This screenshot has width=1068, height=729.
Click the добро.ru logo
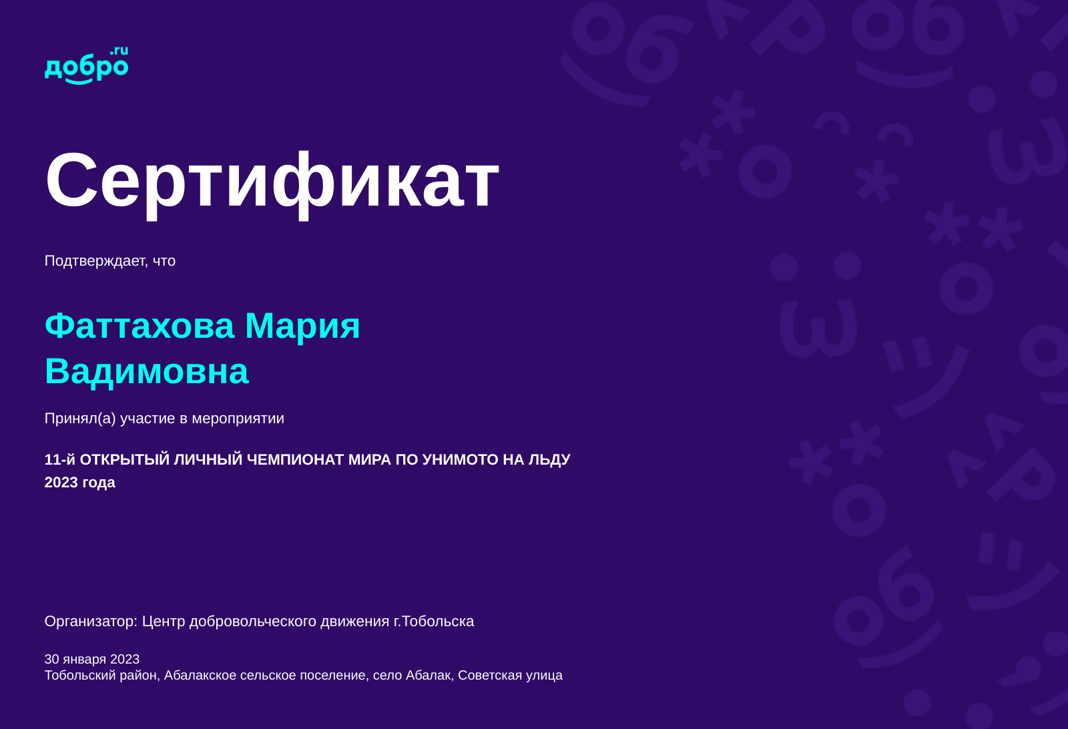[x=86, y=65]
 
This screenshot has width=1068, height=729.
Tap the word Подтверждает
[x=96, y=261]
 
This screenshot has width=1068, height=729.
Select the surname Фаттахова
[x=140, y=326]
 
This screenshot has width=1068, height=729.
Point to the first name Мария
[x=303, y=326]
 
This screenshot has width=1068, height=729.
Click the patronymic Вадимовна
[x=147, y=371]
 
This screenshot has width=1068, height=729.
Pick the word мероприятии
[x=238, y=419]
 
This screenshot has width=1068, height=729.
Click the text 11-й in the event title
[x=60, y=459]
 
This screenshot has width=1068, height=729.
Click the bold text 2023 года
[x=79, y=483]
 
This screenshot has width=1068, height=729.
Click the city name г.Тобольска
[x=434, y=622]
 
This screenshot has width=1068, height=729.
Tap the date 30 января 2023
[x=92, y=660]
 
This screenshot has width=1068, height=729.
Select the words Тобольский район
[x=101, y=676]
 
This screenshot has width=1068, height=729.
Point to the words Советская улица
[x=510, y=676]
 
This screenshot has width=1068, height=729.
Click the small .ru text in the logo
[x=119, y=51]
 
